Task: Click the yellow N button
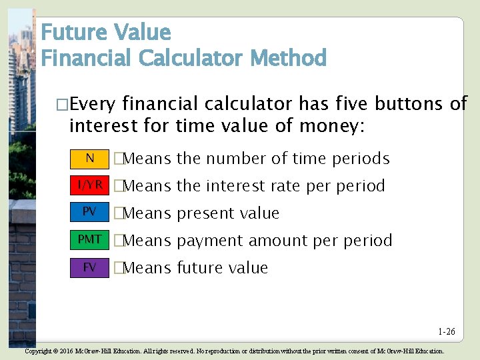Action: pos(89,158)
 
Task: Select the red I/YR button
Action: pos(89,185)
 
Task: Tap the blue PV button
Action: pos(89,212)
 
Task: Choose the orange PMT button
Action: pos(89,239)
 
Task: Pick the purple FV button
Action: pos(89,267)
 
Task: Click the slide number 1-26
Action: pos(447,331)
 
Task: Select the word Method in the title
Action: pos(288,59)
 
